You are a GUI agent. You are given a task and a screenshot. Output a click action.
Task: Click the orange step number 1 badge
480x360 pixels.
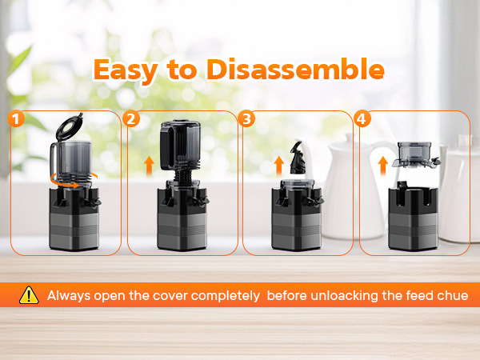(16, 118)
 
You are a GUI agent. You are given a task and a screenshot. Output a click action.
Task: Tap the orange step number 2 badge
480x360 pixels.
(131, 118)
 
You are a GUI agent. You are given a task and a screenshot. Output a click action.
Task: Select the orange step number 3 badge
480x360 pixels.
(246, 118)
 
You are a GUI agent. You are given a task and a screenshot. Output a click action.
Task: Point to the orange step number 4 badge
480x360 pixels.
(362, 118)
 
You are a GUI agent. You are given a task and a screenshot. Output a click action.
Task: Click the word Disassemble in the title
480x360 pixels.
(295, 69)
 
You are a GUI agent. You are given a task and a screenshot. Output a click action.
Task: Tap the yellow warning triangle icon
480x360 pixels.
(29, 295)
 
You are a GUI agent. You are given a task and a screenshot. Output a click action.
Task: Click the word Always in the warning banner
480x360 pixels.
(69, 296)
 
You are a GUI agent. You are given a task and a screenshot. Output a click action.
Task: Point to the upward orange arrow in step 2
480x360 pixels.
(149, 166)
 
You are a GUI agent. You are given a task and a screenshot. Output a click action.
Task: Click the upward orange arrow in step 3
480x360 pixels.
(279, 166)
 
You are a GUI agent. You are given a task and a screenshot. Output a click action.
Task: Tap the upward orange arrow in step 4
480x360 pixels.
(383, 166)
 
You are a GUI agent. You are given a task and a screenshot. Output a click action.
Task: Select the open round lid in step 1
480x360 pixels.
(69, 126)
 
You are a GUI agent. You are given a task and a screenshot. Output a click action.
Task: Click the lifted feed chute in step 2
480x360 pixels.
(180, 145)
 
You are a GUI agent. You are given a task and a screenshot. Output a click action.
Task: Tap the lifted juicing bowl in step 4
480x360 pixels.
(416, 155)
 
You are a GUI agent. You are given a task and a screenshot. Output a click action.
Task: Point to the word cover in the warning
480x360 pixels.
(170, 296)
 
